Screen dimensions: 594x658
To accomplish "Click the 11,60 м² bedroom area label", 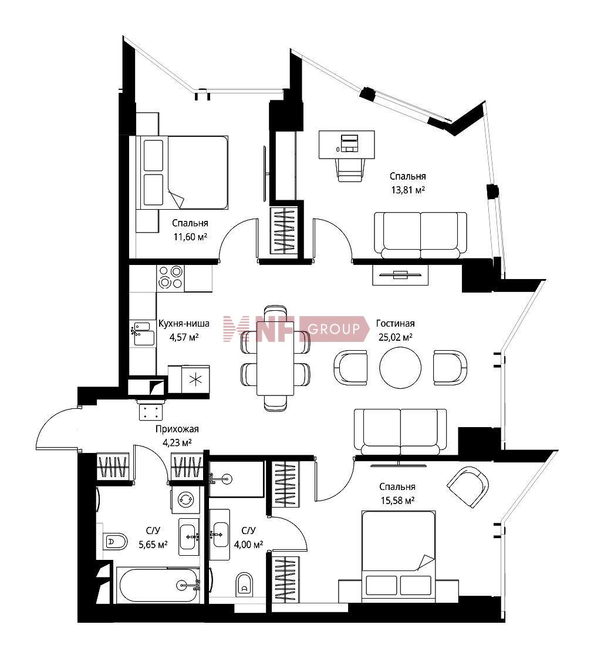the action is click(x=190, y=237).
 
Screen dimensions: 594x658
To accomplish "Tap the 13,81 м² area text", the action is click(x=408, y=190).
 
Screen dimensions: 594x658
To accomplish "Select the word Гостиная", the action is click(x=395, y=324).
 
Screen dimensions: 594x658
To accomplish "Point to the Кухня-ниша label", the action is click(x=184, y=324).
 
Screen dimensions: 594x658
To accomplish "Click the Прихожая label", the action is click(x=177, y=429).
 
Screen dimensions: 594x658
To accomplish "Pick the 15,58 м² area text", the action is click(x=397, y=500).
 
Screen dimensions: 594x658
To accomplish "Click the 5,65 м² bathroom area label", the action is click(x=153, y=545).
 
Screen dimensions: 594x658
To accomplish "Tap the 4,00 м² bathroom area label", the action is click(x=249, y=545).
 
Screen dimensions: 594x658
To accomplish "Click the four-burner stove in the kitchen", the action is click(x=171, y=278).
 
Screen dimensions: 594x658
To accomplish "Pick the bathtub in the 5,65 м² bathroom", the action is click(x=159, y=585).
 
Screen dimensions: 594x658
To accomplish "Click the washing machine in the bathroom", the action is click(x=185, y=499).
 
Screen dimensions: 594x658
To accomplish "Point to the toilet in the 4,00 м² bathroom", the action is click(x=244, y=584).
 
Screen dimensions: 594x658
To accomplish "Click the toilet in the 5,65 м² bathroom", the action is click(x=114, y=542).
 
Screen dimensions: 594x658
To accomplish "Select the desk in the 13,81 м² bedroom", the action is click(x=347, y=145).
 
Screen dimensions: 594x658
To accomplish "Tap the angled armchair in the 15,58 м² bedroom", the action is click(x=468, y=487).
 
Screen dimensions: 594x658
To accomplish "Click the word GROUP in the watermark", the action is click(x=333, y=329).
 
